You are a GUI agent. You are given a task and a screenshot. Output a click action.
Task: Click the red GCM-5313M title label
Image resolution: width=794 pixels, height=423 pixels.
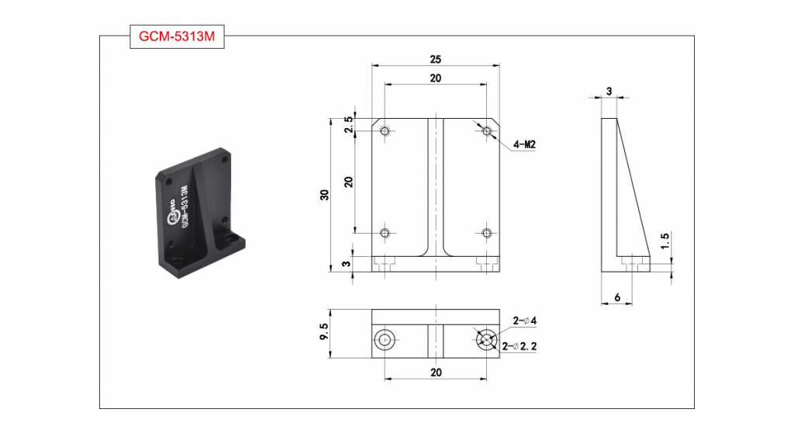(177, 36)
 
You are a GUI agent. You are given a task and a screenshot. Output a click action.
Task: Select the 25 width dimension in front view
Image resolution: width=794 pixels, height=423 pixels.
(436, 59)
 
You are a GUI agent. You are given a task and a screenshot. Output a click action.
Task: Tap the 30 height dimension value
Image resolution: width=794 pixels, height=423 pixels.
(325, 195)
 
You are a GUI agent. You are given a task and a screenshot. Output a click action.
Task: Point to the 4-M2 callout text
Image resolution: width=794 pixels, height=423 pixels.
(524, 145)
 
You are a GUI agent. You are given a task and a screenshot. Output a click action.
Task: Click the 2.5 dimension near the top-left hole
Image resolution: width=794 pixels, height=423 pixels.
(348, 125)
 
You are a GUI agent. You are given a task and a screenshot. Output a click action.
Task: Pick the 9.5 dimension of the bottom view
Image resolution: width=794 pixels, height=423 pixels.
(325, 333)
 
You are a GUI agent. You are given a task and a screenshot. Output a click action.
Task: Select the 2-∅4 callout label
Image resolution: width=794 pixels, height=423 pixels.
(525, 321)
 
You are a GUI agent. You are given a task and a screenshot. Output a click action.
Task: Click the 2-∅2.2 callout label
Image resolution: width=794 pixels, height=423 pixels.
(520, 346)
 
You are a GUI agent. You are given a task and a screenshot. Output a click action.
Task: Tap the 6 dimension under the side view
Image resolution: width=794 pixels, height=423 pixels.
(617, 297)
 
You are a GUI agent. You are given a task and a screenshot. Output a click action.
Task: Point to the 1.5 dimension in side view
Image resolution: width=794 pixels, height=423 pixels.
(665, 240)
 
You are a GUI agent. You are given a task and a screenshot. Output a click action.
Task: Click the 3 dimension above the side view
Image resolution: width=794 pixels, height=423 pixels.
(609, 91)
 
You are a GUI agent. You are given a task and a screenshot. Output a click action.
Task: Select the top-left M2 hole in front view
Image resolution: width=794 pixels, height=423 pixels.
(385, 131)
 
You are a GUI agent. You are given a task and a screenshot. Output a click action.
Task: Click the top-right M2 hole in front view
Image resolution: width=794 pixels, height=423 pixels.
(487, 131)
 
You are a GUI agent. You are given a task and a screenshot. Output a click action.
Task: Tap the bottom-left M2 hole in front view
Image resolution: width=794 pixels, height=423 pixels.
(385, 233)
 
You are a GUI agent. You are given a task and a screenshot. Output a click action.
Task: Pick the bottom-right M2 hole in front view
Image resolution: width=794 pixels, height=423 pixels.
(487, 233)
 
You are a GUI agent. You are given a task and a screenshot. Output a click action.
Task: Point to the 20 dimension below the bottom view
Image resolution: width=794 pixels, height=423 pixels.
(436, 373)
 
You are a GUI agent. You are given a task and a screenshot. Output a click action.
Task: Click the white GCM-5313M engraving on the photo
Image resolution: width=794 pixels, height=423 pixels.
(185, 206)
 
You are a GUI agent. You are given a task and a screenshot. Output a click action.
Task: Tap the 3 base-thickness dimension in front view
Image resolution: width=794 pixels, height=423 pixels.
(347, 264)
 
